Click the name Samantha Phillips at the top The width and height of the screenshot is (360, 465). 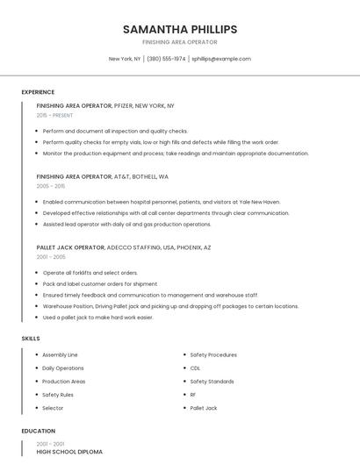click(x=180, y=29)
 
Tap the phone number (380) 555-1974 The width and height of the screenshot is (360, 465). click(x=167, y=59)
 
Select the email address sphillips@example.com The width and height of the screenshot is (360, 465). click(x=221, y=59)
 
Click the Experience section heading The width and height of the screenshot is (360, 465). click(x=38, y=92)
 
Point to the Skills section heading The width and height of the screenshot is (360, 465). click(x=31, y=338)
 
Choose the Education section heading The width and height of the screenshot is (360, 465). click(x=39, y=432)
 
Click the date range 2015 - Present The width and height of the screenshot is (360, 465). click(x=55, y=115)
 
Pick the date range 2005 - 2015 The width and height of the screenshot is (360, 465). click(x=51, y=186)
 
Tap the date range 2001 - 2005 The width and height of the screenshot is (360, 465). click(x=51, y=257)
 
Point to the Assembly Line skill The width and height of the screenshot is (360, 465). click(x=61, y=355)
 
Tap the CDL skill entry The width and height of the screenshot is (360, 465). click(x=195, y=368)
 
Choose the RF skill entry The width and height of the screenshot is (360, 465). click(x=193, y=395)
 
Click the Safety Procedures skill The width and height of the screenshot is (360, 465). click(x=213, y=355)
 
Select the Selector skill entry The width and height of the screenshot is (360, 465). click(x=53, y=408)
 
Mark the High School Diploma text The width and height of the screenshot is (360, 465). click(x=69, y=451)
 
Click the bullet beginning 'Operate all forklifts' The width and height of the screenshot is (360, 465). click(x=90, y=273)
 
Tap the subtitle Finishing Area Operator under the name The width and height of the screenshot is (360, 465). click(x=180, y=42)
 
